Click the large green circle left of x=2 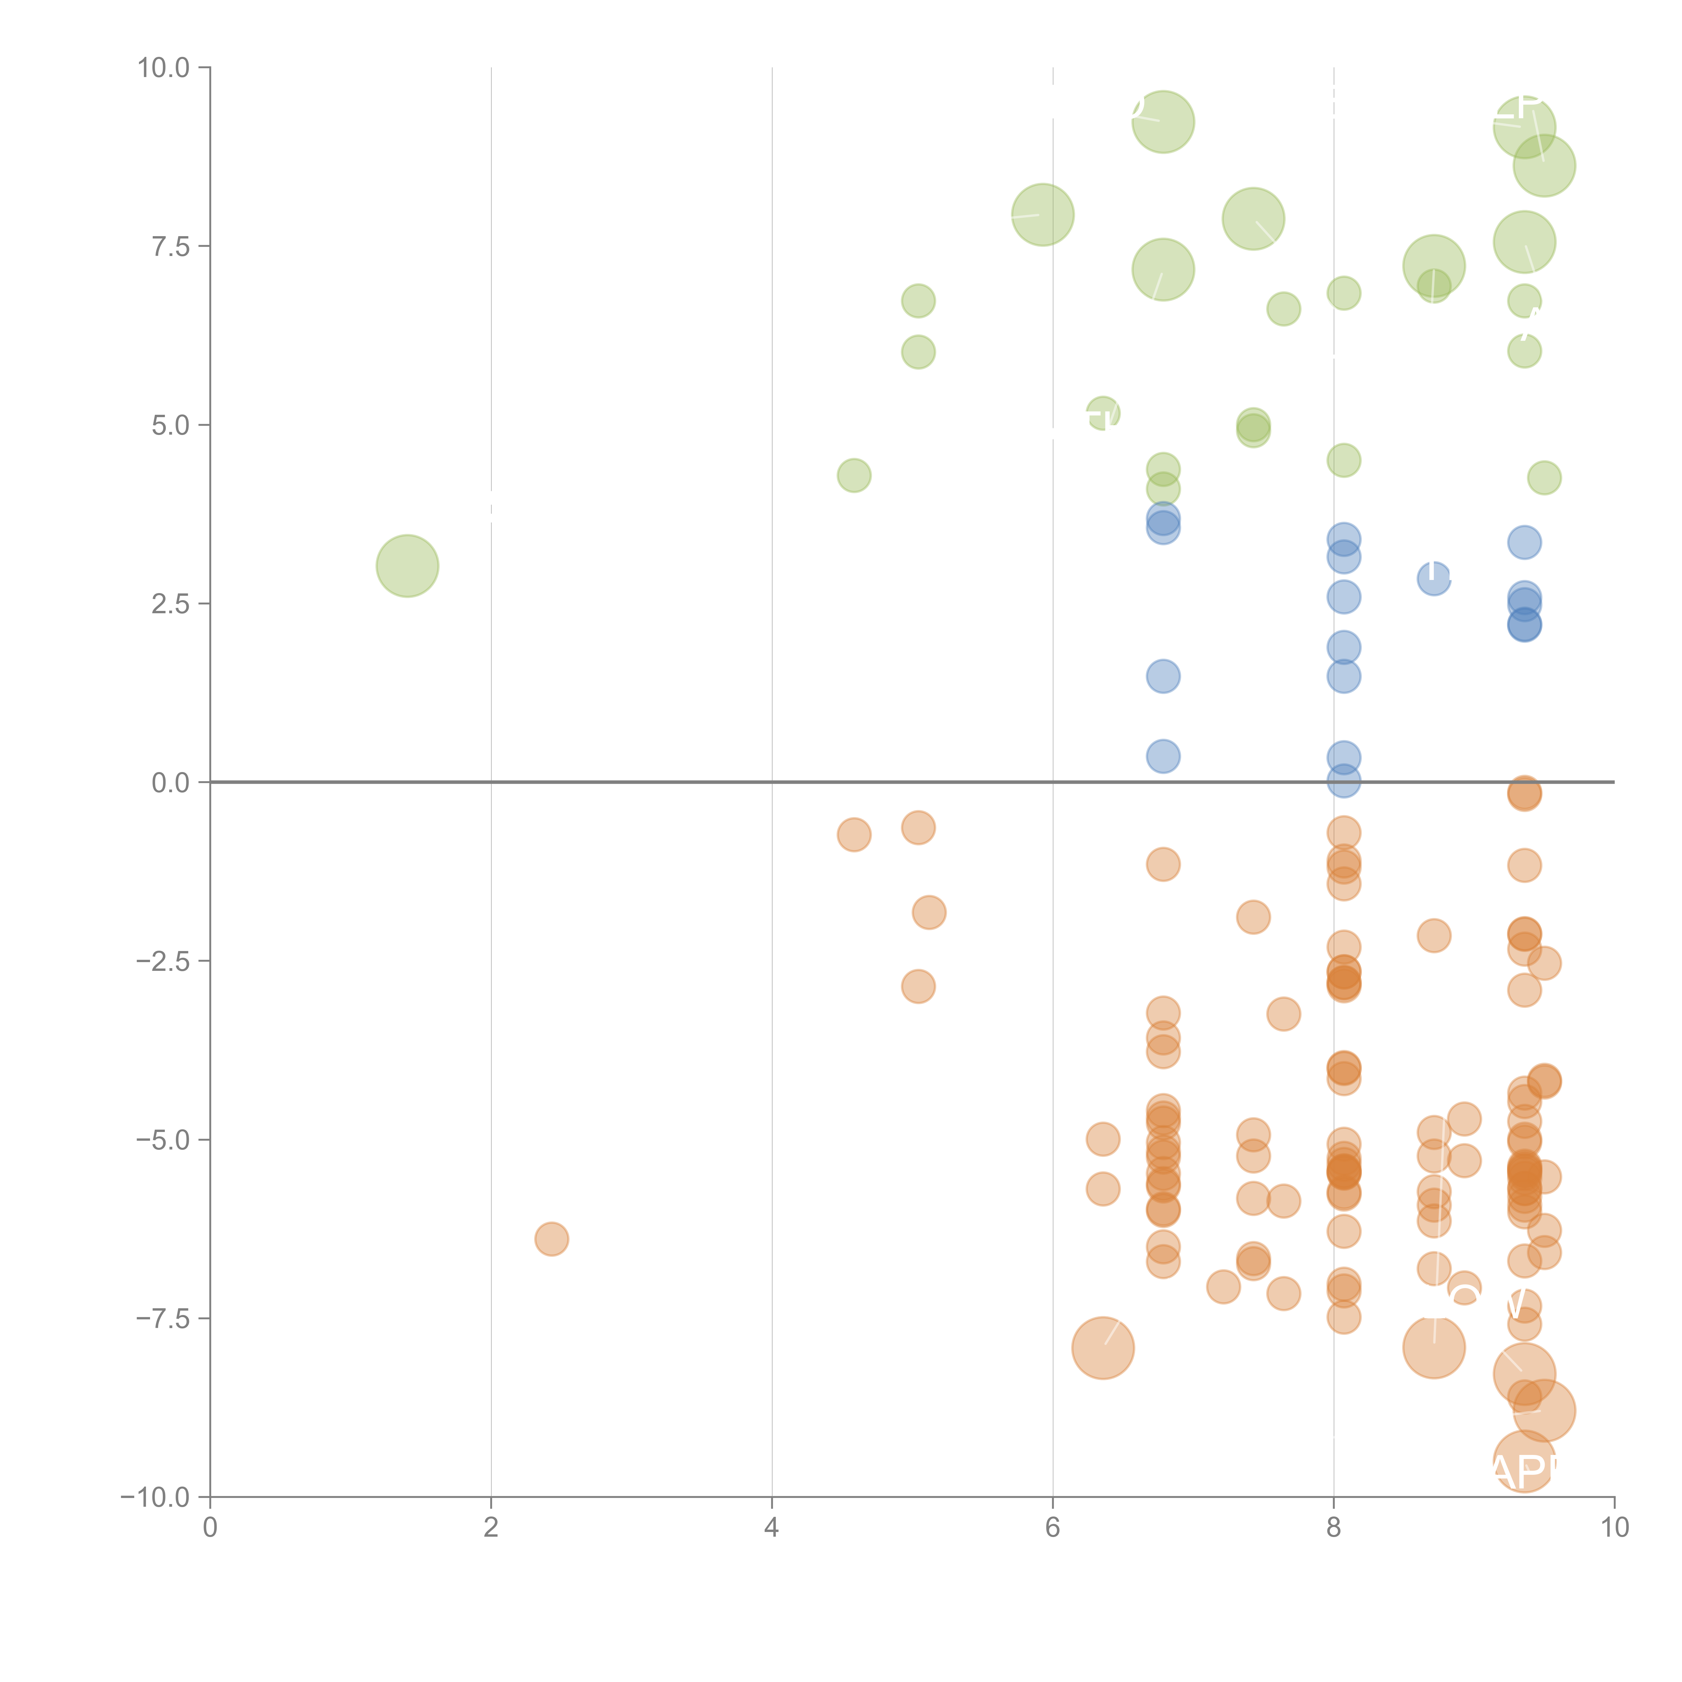click(x=407, y=566)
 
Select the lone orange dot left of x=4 click(x=551, y=1238)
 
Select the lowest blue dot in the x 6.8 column click(x=1162, y=756)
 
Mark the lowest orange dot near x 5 click(x=918, y=986)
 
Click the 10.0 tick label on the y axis click(x=164, y=68)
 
